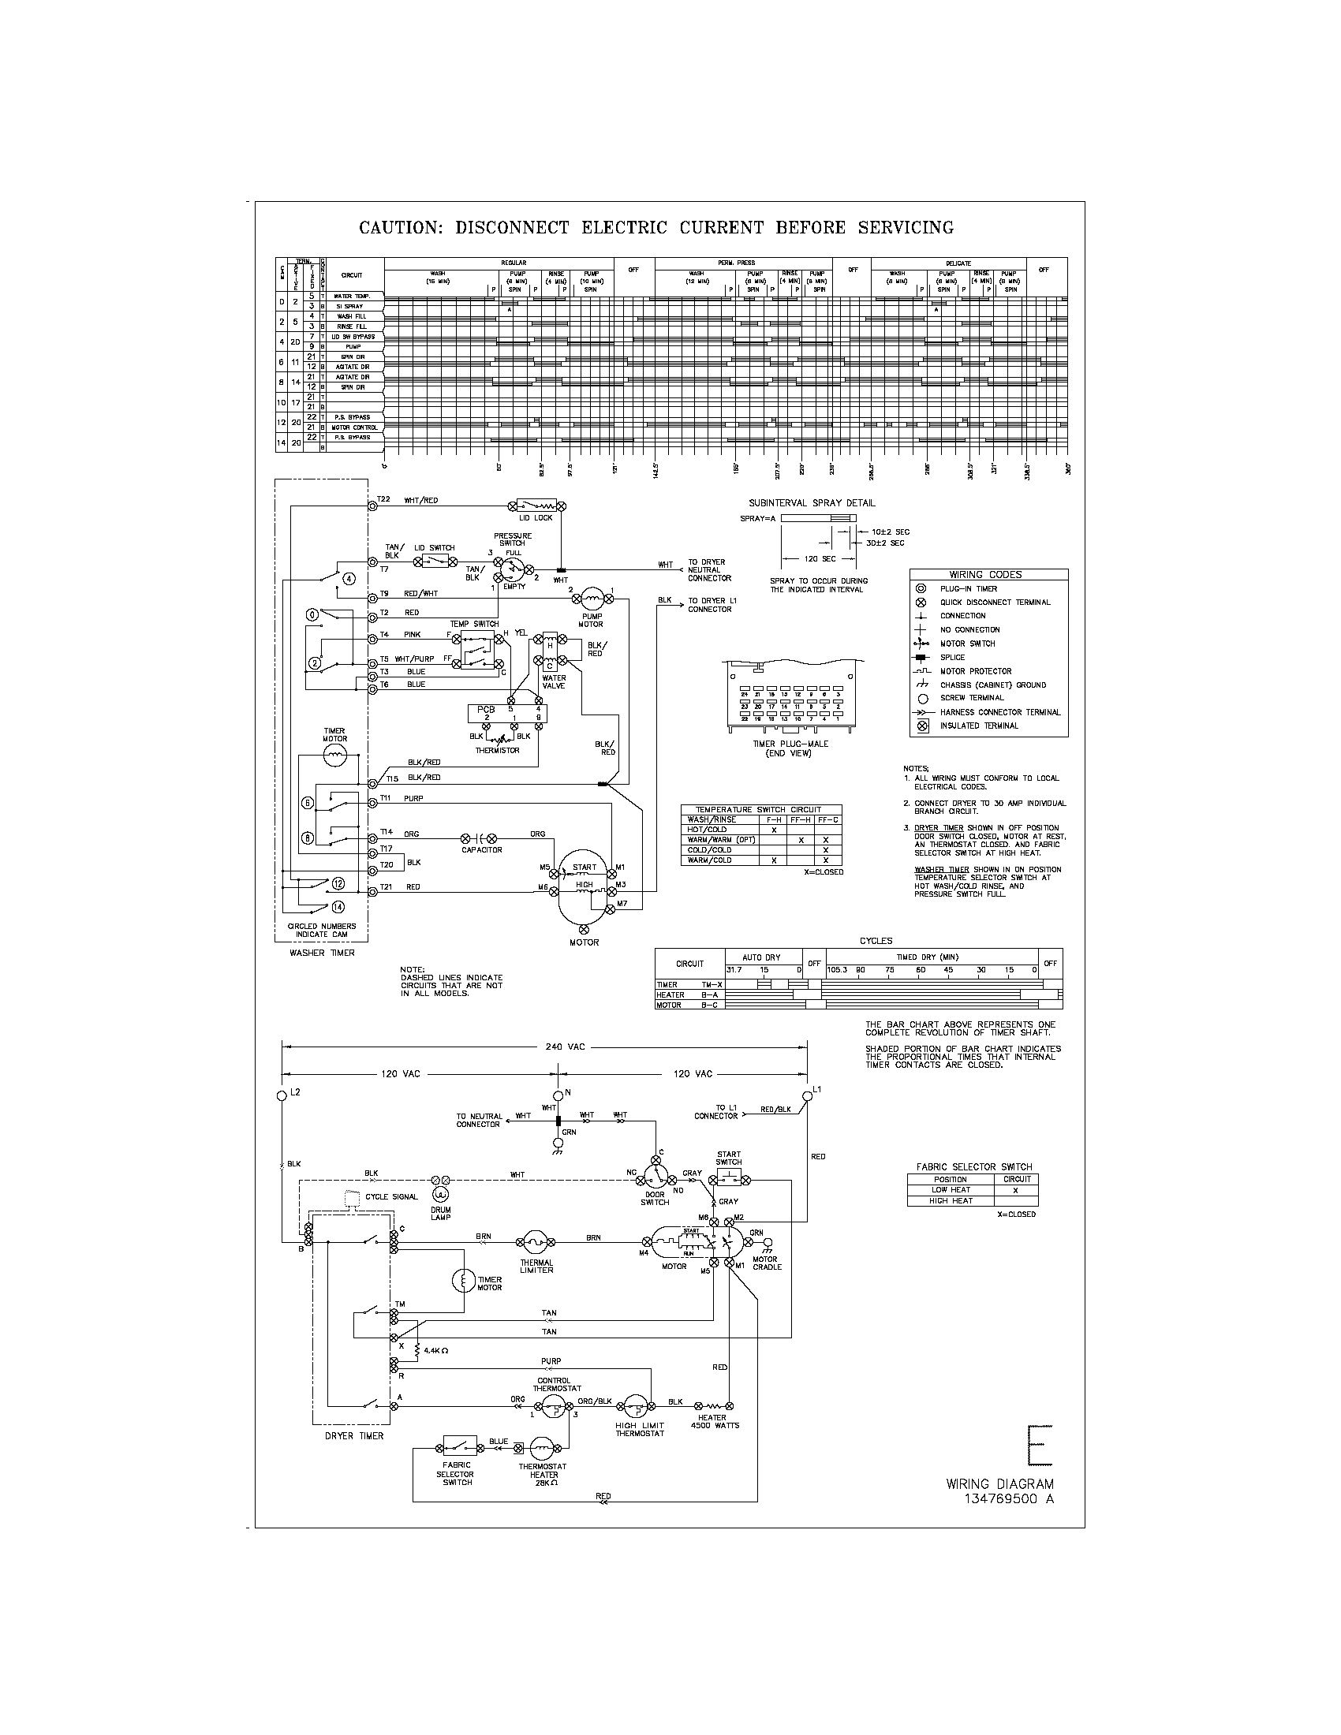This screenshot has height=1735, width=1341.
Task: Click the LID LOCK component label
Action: (536, 518)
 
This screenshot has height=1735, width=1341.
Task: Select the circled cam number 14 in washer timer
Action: (338, 906)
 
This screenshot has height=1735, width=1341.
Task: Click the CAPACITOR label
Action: (481, 849)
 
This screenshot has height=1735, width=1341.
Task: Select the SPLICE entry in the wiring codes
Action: (953, 657)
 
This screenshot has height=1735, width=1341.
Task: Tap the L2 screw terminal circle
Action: (282, 1095)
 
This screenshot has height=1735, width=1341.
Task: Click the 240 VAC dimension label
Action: (565, 1047)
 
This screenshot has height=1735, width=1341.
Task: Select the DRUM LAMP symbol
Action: (439, 1194)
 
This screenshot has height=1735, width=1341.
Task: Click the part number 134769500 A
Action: (1009, 1498)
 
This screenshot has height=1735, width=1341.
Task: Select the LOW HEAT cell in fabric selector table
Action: (951, 1190)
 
